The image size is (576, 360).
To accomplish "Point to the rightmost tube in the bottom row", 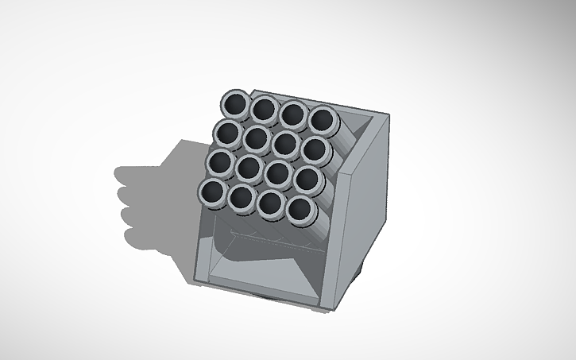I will click(x=300, y=209).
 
